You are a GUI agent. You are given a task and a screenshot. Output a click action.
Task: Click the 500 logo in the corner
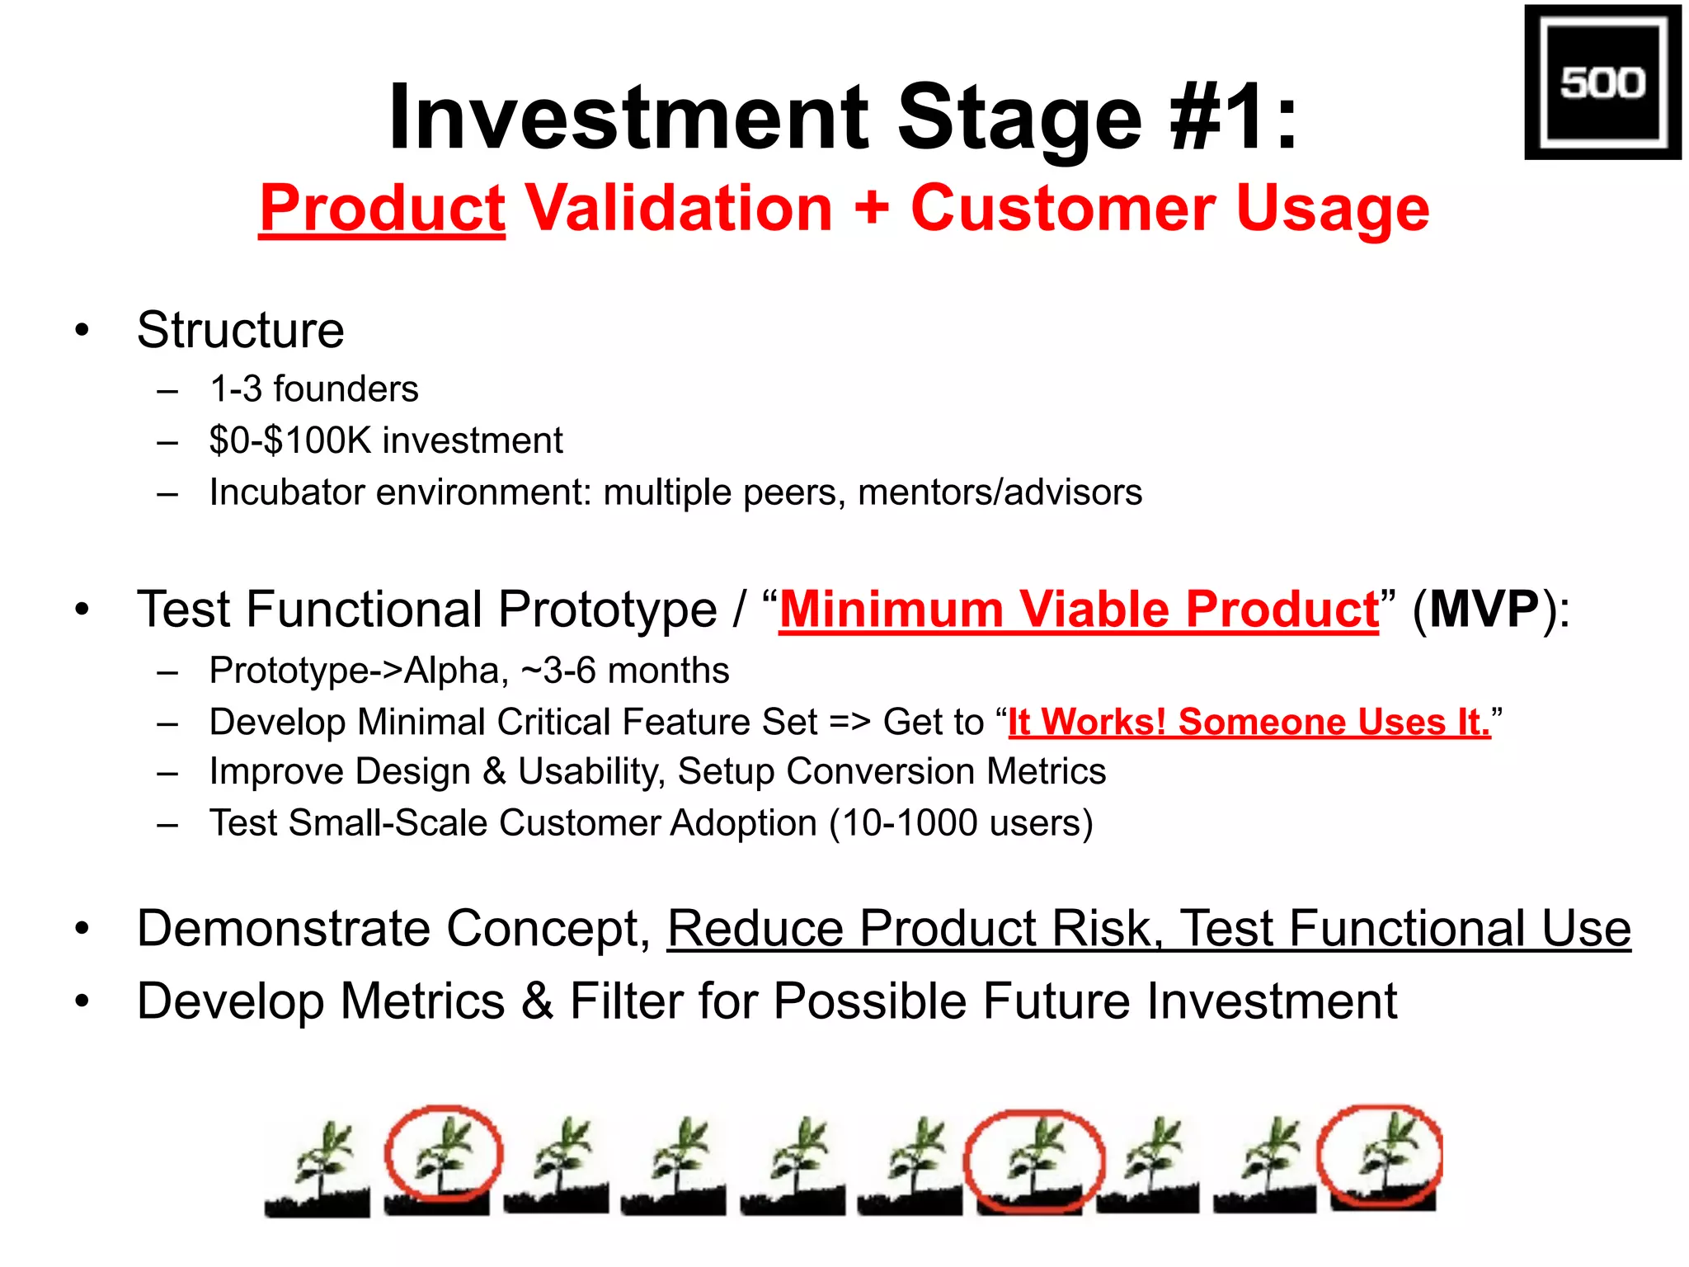pyautogui.click(x=1602, y=82)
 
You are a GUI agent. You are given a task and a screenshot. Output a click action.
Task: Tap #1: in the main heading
pyautogui.click(x=1235, y=117)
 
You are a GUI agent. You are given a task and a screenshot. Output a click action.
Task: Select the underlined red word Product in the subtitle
pyautogui.click(x=382, y=208)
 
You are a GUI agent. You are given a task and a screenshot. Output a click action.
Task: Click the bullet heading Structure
pyautogui.click(x=240, y=330)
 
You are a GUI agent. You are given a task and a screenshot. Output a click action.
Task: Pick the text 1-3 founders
pyautogui.click(x=313, y=389)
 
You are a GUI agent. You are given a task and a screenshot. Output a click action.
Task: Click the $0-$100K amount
pyautogui.click(x=290, y=440)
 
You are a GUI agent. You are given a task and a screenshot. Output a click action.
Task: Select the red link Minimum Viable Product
pyautogui.click(x=1078, y=610)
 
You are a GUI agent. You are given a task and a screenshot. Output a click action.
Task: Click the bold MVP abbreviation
pyautogui.click(x=1484, y=610)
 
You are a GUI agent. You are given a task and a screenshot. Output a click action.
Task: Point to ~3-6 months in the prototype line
pyautogui.click(x=625, y=671)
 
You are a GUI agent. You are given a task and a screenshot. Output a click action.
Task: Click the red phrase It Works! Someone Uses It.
pyautogui.click(x=1249, y=722)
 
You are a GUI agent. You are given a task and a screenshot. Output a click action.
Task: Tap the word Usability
pyautogui.click(x=590, y=771)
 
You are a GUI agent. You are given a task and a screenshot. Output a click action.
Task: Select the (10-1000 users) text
pyautogui.click(x=961, y=823)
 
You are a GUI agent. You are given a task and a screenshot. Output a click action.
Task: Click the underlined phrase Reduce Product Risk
pyautogui.click(x=909, y=928)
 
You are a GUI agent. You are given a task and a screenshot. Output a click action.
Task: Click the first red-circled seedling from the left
pyautogui.click(x=443, y=1155)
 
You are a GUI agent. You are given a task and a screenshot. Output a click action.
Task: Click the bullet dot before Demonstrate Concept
pyautogui.click(x=81, y=929)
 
